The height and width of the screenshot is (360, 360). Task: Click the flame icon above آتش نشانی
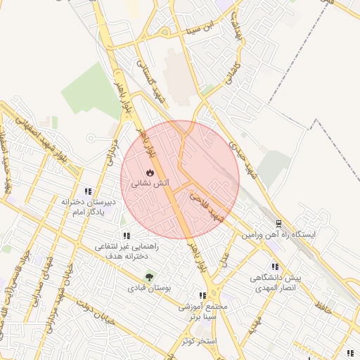pyautogui.click(x=149, y=172)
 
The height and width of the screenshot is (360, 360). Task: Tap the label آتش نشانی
pyautogui.click(x=149, y=183)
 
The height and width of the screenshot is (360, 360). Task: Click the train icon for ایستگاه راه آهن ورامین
pyautogui.click(x=278, y=224)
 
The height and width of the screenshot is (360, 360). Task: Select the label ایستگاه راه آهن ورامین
pyautogui.click(x=280, y=233)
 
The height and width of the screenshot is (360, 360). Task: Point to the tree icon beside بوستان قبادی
pyautogui.click(x=148, y=276)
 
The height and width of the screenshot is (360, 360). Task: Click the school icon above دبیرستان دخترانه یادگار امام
pyautogui.click(x=88, y=191)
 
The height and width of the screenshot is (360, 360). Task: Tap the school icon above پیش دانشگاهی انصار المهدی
pyautogui.click(x=275, y=266)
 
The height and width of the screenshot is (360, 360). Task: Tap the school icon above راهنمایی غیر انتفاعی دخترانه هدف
pyautogui.click(x=126, y=236)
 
